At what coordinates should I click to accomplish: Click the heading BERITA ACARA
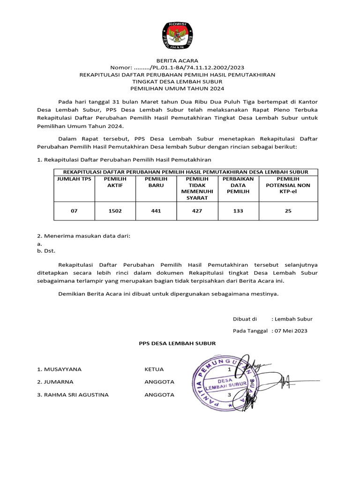pyautogui.click(x=177, y=60)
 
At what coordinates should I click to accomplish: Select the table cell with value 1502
pyautogui.click(x=115, y=211)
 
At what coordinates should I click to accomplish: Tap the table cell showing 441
pyautogui.click(x=156, y=211)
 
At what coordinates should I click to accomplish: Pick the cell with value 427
pyautogui.click(x=197, y=211)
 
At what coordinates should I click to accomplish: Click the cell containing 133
pyautogui.click(x=238, y=211)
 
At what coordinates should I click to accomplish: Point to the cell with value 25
pyautogui.click(x=288, y=211)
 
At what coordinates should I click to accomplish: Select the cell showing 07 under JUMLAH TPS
pyautogui.click(x=74, y=211)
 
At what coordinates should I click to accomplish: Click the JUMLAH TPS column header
pyautogui.click(x=74, y=179)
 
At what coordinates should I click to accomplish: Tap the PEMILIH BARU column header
pyautogui.click(x=156, y=182)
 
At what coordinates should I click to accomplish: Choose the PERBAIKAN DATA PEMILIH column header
pyautogui.click(x=238, y=185)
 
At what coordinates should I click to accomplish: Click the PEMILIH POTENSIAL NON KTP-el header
pyautogui.click(x=288, y=185)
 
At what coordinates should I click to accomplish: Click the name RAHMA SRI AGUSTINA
pyautogui.click(x=73, y=395)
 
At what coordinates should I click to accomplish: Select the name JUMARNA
pyautogui.click(x=55, y=382)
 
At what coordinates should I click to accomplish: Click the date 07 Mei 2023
pyautogui.click(x=291, y=331)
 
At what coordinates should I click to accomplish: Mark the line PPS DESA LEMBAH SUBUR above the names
pyautogui.click(x=177, y=343)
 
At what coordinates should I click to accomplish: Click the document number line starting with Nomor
pyautogui.click(x=177, y=67)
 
